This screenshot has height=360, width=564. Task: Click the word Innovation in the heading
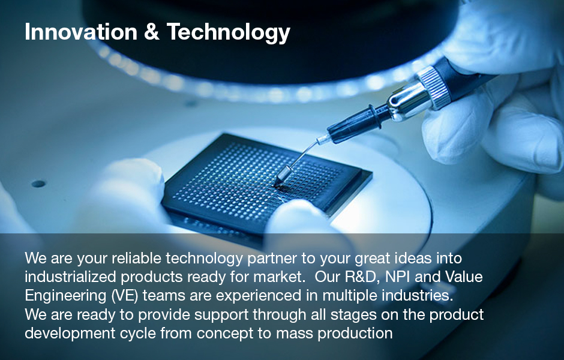coord(81,32)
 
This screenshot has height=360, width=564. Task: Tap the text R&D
coord(362,277)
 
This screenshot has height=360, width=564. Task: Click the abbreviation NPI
coord(395,277)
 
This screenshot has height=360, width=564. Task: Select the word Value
coord(464,277)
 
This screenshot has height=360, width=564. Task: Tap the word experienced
coord(259,296)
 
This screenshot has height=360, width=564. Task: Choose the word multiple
coord(350,296)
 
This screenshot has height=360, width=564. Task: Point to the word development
coord(70,334)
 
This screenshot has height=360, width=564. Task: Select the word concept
coord(225,334)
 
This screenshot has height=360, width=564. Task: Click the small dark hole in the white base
coord(38,184)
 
